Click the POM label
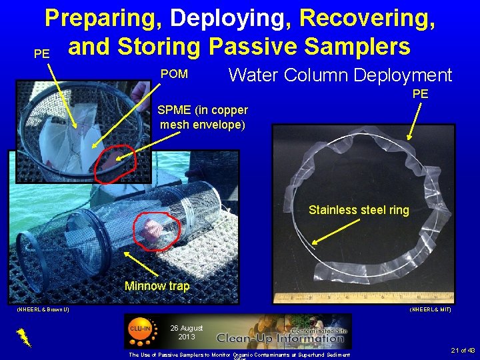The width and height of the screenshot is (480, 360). (174, 74)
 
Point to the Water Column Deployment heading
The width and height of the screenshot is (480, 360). (340, 75)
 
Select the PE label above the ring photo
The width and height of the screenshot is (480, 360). (420, 94)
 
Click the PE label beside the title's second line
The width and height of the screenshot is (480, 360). (41, 54)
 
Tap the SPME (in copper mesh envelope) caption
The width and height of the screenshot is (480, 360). (203, 117)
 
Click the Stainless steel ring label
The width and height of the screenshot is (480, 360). (359, 210)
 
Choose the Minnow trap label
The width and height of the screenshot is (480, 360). (157, 286)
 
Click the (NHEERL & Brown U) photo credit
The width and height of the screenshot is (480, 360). (42, 309)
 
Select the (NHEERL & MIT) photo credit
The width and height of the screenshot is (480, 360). (431, 309)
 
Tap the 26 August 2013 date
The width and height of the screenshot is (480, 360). (186, 332)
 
